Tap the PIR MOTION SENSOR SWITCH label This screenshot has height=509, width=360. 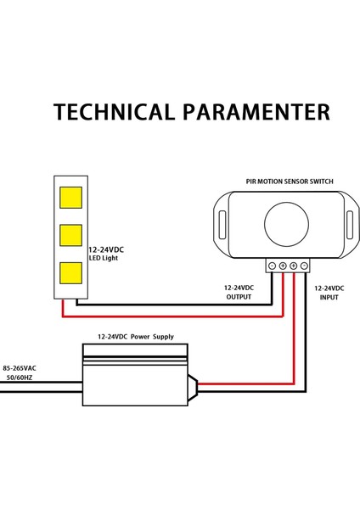(x=289, y=182)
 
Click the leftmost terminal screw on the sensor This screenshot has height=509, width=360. (x=272, y=266)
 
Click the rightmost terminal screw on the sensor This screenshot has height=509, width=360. (x=304, y=266)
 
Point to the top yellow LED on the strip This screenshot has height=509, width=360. (x=70, y=197)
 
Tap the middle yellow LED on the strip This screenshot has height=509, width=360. (x=70, y=235)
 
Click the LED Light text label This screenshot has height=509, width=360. (x=104, y=258)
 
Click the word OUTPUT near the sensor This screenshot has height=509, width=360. (x=239, y=298)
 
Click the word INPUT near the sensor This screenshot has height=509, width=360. (x=329, y=298)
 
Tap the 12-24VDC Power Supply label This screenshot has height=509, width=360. (x=136, y=337)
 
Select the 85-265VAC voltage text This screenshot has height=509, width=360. (x=19, y=368)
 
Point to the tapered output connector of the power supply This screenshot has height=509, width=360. (x=194, y=385)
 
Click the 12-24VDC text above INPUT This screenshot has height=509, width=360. (x=329, y=288)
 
